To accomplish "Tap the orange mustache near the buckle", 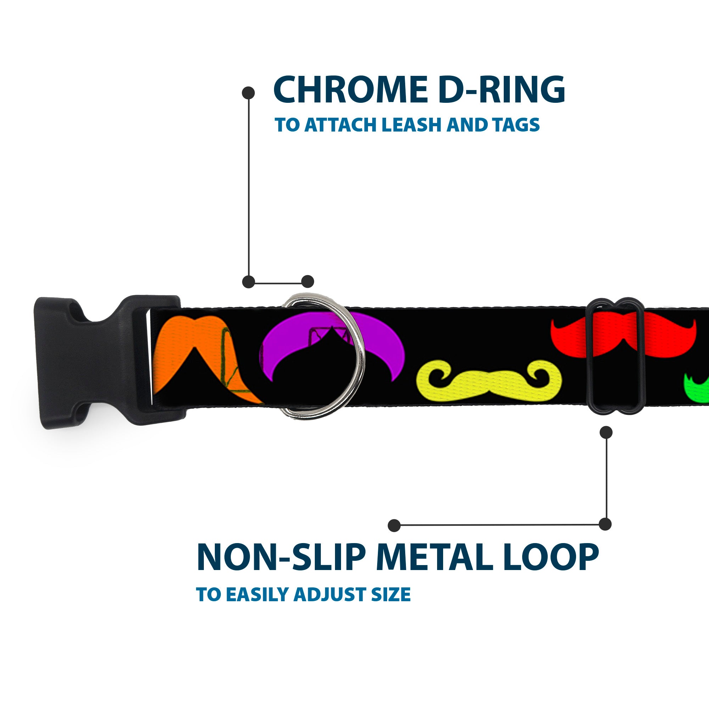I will click(x=191, y=352).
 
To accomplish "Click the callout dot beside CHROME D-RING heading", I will click(x=249, y=93).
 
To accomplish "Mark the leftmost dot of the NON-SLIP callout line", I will click(x=394, y=525).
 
